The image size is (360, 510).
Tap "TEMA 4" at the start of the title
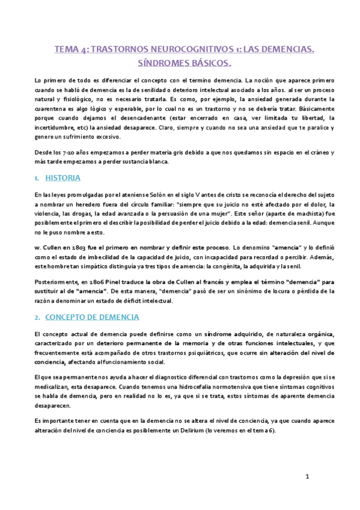(70, 51)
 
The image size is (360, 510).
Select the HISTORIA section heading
(64, 178)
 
